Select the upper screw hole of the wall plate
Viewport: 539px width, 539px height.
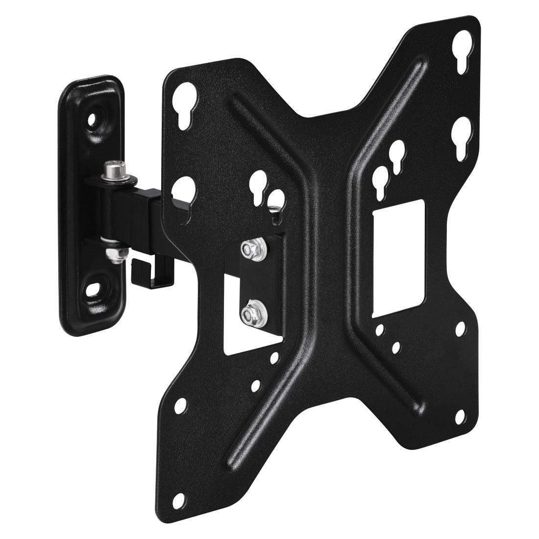(x=92, y=118)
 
